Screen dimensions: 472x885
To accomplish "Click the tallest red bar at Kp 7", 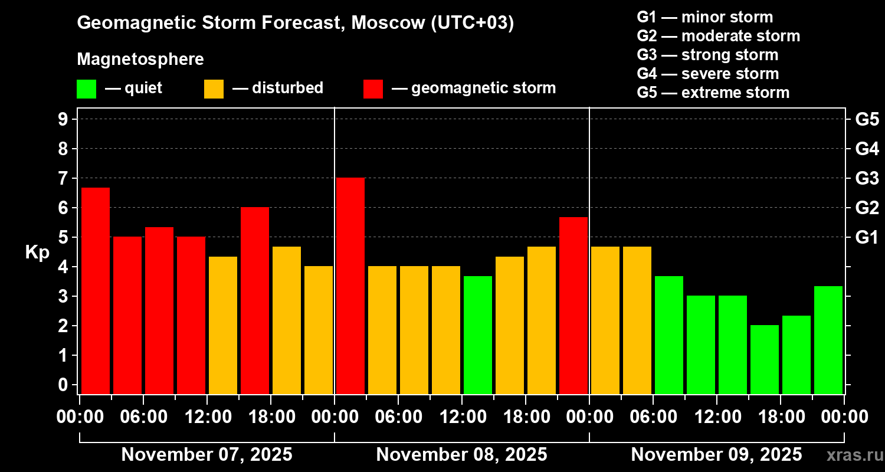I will [x=350, y=286].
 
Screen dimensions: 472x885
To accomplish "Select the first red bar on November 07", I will [x=96, y=290].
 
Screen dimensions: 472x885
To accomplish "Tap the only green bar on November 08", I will [x=478, y=335].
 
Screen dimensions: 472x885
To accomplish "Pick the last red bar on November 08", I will [x=573, y=305].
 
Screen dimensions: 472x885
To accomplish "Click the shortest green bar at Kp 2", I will [x=765, y=359].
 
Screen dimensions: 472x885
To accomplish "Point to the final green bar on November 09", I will [x=828, y=340].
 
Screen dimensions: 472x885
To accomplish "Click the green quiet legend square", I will [x=86, y=89].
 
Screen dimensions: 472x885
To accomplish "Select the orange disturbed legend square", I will [x=214, y=89].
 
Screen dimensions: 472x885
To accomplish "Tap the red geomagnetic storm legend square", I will [x=373, y=89].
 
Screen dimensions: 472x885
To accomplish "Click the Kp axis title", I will [x=37, y=252].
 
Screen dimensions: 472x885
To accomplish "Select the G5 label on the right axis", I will [x=867, y=119].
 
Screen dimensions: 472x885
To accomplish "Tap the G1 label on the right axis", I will [x=867, y=237].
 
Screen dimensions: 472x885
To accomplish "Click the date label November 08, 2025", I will [x=461, y=454].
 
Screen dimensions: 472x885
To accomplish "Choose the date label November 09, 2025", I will [x=716, y=454].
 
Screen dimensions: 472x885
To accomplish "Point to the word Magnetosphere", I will [x=140, y=60].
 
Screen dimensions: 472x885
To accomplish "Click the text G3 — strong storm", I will [x=707, y=55].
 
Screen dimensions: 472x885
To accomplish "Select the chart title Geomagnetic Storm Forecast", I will [x=295, y=23].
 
